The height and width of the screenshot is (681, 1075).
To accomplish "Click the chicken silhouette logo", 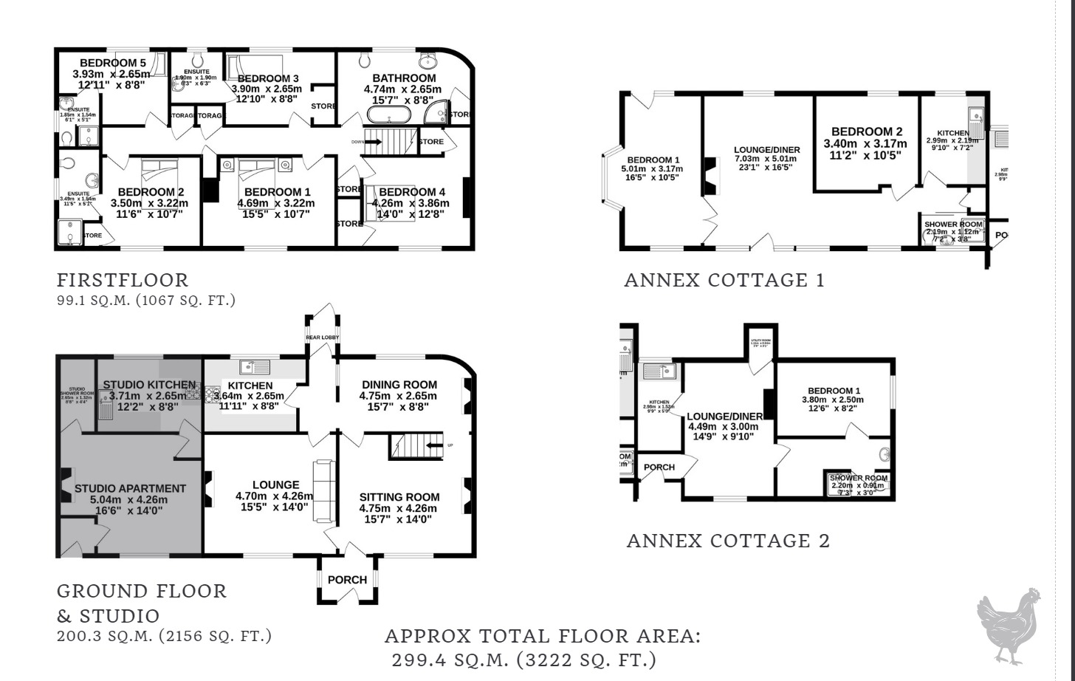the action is pos(1009,626).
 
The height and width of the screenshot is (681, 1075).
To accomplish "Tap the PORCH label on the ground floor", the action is pos(347,580).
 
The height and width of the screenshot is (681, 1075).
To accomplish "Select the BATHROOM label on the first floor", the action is pos(404,78).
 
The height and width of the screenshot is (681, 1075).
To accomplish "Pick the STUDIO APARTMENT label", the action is pos(130,488).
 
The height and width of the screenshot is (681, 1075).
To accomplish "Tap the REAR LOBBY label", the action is pos(323,338).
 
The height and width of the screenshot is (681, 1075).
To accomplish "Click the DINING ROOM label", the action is pos(399,384).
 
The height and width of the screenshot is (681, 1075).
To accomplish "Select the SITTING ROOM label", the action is pos(399,497).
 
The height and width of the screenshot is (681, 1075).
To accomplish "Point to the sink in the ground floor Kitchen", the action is pos(254,367).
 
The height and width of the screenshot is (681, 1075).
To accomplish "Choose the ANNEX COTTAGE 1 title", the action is pos(724,280).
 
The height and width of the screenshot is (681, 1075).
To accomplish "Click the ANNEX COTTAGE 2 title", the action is pos(728,541).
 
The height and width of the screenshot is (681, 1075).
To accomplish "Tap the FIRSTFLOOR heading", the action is pos(123,280).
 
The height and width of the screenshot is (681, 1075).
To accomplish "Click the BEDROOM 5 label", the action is pos(113,63).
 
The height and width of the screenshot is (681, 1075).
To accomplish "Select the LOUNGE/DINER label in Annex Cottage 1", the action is pos(767,150).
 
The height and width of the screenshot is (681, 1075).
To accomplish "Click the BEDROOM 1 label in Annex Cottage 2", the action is pos(834,391).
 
